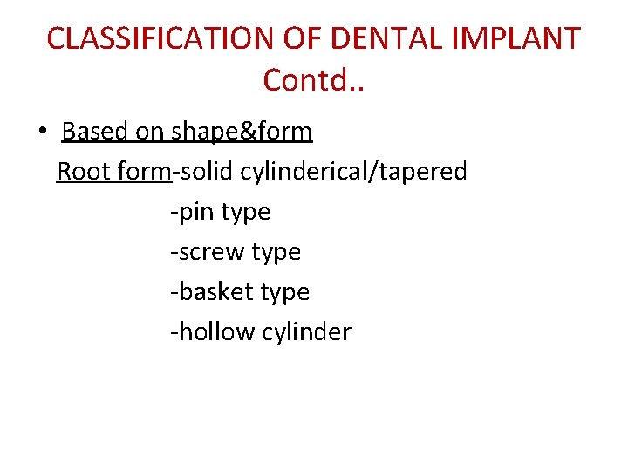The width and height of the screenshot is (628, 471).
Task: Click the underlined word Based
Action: [x=94, y=132]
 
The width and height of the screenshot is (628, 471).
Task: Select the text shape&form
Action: [x=241, y=132]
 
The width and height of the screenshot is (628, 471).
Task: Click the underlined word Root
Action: [x=83, y=172]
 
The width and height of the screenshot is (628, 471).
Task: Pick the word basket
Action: [x=215, y=291]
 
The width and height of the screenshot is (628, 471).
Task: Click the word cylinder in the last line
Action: [x=306, y=331]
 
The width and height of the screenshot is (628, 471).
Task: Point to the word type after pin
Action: [x=246, y=213]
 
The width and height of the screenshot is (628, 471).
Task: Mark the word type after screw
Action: [x=276, y=253]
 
